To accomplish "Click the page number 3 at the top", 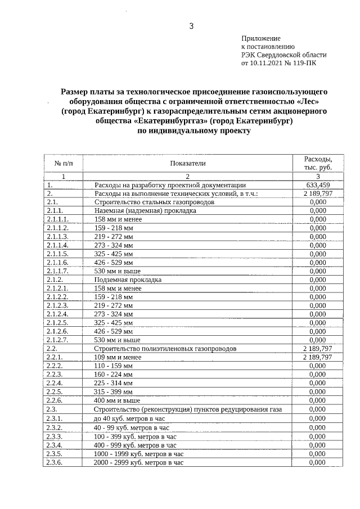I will coord(191,26).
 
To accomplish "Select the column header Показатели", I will coord(188,163).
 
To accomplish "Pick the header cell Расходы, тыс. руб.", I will coord(318,163).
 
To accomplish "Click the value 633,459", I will coord(318,184).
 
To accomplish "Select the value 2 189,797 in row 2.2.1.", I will coord(318,357).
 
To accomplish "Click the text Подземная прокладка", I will coord(128,280).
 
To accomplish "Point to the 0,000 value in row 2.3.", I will coord(318,409).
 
